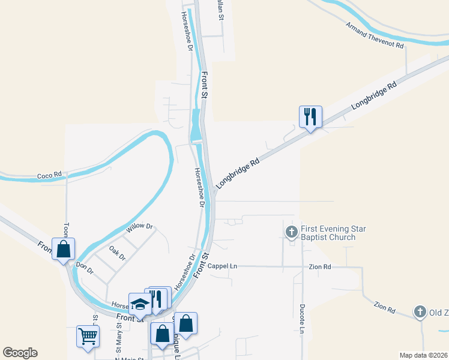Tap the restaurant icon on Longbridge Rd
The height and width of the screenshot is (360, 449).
tap(310, 116)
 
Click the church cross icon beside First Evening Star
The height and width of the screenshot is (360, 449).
tap(292, 232)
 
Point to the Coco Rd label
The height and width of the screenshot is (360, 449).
tap(49, 175)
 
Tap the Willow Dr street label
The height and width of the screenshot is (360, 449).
tap(140, 228)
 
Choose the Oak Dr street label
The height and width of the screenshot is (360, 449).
tap(117, 253)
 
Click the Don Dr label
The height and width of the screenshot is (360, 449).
tap(85, 268)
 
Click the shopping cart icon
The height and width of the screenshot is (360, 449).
tap(88, 336)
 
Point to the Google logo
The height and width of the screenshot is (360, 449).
tap(20, 353)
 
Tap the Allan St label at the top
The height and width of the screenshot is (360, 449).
tap(220, 11)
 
